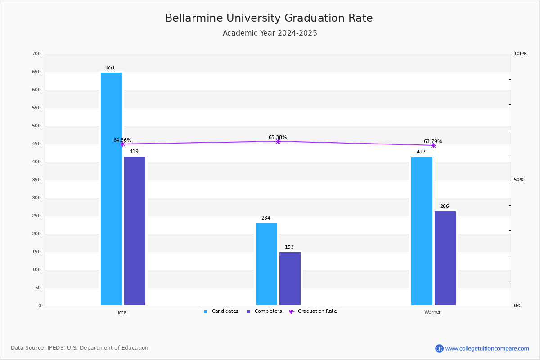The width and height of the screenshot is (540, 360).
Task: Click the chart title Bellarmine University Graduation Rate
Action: coord(269,18)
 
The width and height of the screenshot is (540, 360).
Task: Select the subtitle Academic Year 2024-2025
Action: coord(270,33)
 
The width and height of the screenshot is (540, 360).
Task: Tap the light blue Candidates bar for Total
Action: coord(111,189)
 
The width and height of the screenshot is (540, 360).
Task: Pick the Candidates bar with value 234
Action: coord(266,264)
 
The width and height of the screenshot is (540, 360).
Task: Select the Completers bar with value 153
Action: coord(290,279)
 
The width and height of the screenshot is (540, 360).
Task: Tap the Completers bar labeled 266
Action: coord(445,258)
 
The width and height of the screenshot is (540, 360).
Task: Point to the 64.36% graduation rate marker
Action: coord(122,144)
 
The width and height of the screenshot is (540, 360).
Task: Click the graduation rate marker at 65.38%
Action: coord(278,141)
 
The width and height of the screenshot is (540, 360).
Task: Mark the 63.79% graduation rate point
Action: coord(433,145)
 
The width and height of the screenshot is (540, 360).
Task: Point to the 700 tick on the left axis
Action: coord(36,54)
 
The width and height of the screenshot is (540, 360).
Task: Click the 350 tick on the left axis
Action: coord(36,180)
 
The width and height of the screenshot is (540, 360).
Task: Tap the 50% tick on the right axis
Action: coord(519,180)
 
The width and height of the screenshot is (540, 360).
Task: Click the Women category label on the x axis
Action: coord(433,312)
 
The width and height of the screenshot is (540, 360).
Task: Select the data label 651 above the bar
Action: coord(110,68)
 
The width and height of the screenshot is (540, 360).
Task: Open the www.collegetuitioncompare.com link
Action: coord(487,348)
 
